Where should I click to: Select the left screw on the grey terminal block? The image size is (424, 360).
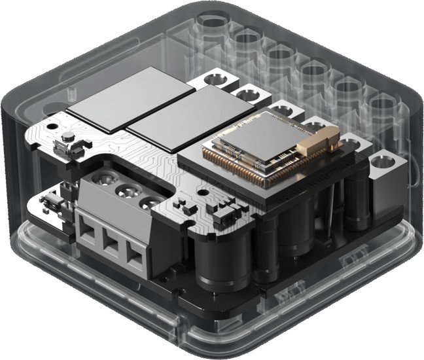104,177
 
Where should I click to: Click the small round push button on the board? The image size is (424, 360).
67,139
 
